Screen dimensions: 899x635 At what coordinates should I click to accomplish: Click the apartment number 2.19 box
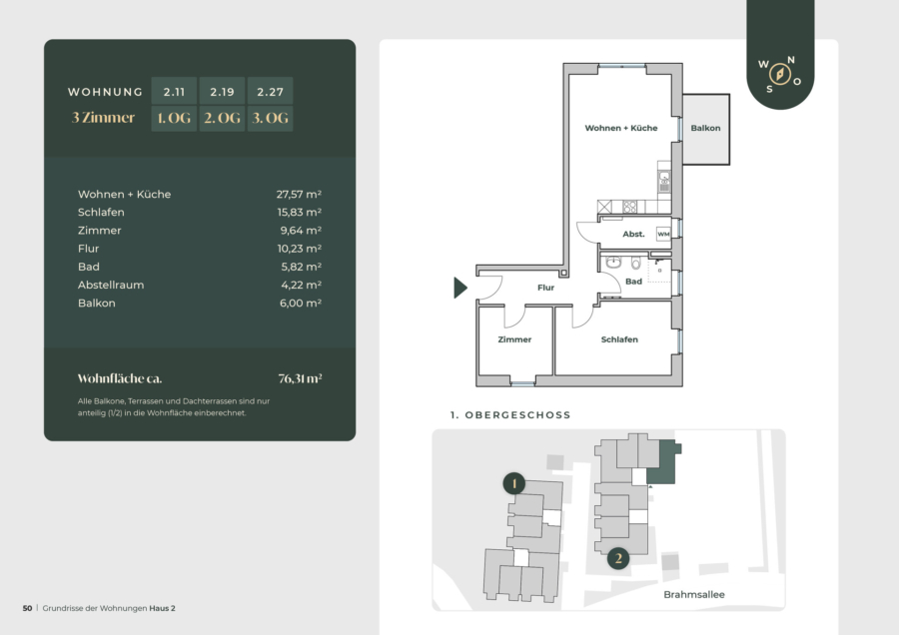coord(222,91)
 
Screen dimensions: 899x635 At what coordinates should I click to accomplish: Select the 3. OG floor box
coord(270,118)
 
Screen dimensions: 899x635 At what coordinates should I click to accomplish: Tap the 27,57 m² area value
coord(299,195)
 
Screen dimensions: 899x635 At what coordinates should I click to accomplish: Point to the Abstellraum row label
coord(111,285)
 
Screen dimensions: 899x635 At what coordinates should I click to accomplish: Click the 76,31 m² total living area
coord(300,378)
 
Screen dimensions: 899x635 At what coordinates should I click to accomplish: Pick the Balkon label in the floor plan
coord(705,128)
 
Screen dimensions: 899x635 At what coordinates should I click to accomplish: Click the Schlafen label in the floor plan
coord(619,339)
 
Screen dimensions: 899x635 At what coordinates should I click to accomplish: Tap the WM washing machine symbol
coord(663,234)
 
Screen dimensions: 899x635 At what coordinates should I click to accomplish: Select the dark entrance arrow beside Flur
coord(459,288)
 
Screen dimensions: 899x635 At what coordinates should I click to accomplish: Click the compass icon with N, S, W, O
coord(780,74)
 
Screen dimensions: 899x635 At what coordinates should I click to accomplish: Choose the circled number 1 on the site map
coord(514,483)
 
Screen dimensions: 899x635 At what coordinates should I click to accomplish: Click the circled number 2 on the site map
coord(618,558)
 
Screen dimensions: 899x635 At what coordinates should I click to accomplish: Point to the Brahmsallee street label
coord(694,594)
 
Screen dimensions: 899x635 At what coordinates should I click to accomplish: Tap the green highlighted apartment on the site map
coord(663,464)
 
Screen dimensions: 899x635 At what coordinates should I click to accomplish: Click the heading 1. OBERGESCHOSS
coord(510,415)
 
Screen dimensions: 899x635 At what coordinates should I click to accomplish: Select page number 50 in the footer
coord(28,608)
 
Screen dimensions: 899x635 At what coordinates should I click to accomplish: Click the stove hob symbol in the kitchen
coord(629,207)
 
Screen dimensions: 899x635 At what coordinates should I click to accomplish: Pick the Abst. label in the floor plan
coord(633,234)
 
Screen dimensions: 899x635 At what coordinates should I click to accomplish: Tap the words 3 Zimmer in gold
coord(103,118)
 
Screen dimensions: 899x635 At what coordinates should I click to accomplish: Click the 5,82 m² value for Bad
coord(301,267)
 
